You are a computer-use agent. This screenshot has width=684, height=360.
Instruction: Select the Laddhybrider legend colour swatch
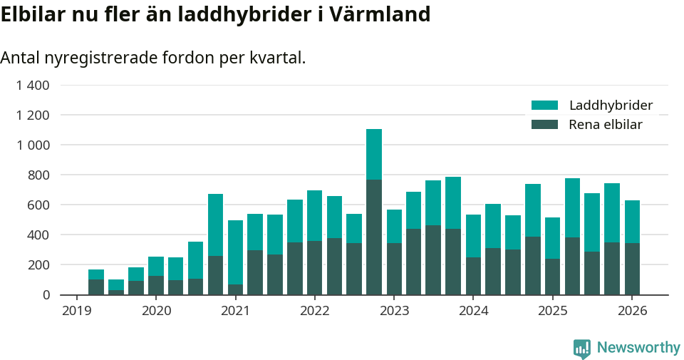pyautogui.click(x=545, y=106)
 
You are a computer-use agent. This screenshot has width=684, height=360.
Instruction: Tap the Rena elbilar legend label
pyautogui.click(x=606, y=125)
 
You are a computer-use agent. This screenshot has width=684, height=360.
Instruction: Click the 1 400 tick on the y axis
pyautogui.click(x=33, y=86)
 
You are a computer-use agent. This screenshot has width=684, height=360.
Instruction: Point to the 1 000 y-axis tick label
pyautogui.click(x=33, y=145)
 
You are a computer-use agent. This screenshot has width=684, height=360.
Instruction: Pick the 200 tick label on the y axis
pyautogui.click(x=38, y=264)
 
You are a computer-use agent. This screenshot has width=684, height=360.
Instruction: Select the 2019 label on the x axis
pyautogui.click(x=76, y=311)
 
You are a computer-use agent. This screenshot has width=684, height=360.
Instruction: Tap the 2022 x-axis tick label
pyautogui.click(x=314, y=311)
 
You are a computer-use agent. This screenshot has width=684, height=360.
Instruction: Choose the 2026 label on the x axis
pyautogui.click(x=632, y=311)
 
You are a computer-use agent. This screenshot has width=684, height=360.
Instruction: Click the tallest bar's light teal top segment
pyautogui.click(x=374, y=154)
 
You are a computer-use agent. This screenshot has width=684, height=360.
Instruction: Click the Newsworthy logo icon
pyautogui.click(x=582, y=348)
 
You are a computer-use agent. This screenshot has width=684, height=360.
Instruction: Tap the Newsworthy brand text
pyautogui.click(x=638, y=348)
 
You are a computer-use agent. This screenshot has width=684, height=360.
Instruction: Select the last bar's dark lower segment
pyautogui.click(x=632, y=269)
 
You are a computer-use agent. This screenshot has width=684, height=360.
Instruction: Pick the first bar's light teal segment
pyautogui.click(x=96, y=274)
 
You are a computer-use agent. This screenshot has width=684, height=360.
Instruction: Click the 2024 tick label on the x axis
pyautogui.click(x=473, y=311)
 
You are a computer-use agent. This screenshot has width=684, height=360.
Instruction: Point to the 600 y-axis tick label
pyautogui.click(x=38, y=205)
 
